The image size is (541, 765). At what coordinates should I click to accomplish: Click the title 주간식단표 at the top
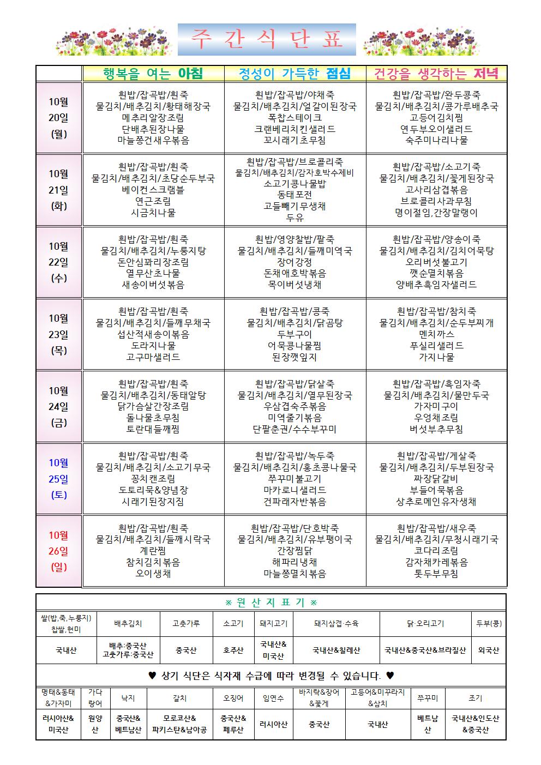(267, 40)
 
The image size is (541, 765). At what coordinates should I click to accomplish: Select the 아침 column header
(153, 74)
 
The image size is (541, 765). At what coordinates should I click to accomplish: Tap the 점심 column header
(295, 74)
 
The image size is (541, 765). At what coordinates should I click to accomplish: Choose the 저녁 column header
(436, 74)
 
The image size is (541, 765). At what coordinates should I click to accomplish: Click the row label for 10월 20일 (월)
(59, 118)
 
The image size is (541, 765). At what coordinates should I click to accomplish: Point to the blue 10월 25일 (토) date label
(59, 479)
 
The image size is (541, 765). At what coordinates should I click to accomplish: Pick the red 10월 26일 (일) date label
(59, 551)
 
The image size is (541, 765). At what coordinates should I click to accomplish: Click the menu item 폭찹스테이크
(295, 117)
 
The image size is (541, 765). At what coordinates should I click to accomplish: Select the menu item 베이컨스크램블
(153, 190)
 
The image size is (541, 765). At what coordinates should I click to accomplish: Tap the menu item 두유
(295, 218)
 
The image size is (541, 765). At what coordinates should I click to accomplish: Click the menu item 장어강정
(295, 262)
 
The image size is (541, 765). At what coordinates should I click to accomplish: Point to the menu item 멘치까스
(436, 334)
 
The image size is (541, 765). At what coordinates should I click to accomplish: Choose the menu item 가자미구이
(436, 406)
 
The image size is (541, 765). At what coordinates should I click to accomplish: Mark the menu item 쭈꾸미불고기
(295, 479)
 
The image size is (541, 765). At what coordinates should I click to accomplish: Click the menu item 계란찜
(153, 551)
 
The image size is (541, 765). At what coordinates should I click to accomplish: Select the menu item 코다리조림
(436, 551)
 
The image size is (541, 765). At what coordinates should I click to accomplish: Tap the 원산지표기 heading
(271, 603)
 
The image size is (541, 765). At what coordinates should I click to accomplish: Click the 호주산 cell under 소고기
(233, 650)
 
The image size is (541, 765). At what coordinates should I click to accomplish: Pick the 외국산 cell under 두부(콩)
(488, 650)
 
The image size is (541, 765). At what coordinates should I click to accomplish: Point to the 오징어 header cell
(233, 697)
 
